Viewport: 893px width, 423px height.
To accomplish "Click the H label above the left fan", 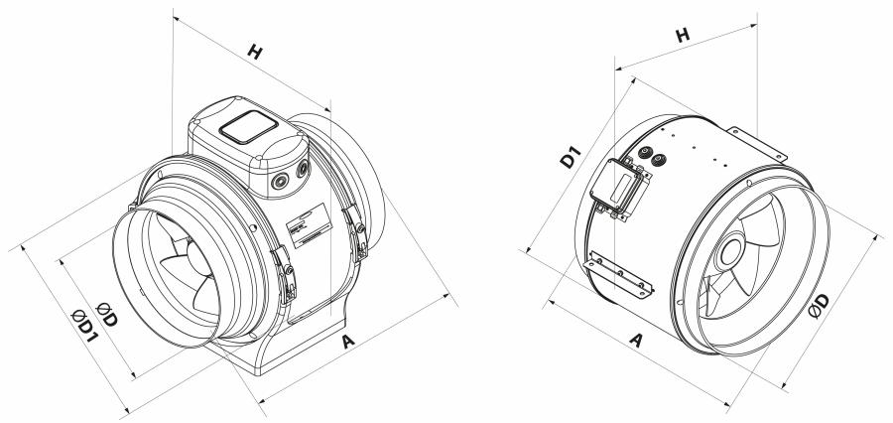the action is coord(255,52).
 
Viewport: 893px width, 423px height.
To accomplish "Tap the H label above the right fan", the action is coord(683,35).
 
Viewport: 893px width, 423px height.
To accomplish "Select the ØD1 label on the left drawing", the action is coord(85,326).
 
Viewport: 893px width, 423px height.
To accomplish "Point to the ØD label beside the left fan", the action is coord(107,314).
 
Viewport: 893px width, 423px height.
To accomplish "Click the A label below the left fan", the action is coord(348,342).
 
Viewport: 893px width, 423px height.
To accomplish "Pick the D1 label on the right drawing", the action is coord(571,157).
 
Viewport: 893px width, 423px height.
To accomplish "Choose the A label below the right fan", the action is coord(636,341).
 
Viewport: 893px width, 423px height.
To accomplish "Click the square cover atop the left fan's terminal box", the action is coord(248,126).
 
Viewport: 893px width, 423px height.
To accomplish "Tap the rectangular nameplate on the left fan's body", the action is coord(310,225).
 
